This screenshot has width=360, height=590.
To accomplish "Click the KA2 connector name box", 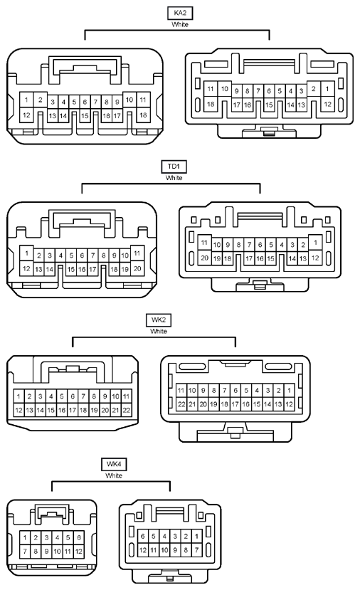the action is point(180,13).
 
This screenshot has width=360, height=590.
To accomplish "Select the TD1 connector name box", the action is point(174,167).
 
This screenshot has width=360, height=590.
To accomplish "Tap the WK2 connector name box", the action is point(159,320).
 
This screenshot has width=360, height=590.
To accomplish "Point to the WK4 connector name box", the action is point(114,464).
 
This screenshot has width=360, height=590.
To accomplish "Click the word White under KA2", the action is point(180,24).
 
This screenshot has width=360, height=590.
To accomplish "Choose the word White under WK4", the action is point(114,475).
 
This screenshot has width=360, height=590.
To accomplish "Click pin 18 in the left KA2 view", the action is point(143,115).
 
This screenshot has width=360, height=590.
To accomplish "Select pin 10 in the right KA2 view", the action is point(225,89).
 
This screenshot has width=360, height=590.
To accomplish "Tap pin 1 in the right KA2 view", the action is point(327,89).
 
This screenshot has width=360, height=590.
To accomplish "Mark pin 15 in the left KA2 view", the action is point(85,116).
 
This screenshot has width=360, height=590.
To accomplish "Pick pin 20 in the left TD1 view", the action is point(137,268).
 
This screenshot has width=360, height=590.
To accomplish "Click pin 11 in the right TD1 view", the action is point(204,242).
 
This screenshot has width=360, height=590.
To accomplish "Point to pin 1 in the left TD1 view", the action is point(26,253).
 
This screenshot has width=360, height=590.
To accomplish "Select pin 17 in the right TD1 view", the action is point(248,258).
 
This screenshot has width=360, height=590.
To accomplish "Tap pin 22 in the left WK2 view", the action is point(127,410).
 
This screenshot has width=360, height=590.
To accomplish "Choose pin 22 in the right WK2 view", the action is point(181,404).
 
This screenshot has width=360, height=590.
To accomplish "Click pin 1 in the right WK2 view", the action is point(289,390).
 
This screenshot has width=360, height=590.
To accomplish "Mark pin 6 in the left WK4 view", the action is point(79,537).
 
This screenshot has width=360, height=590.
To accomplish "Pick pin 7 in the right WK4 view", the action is point(196,549).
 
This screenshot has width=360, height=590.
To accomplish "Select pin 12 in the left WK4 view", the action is point(79,552).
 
